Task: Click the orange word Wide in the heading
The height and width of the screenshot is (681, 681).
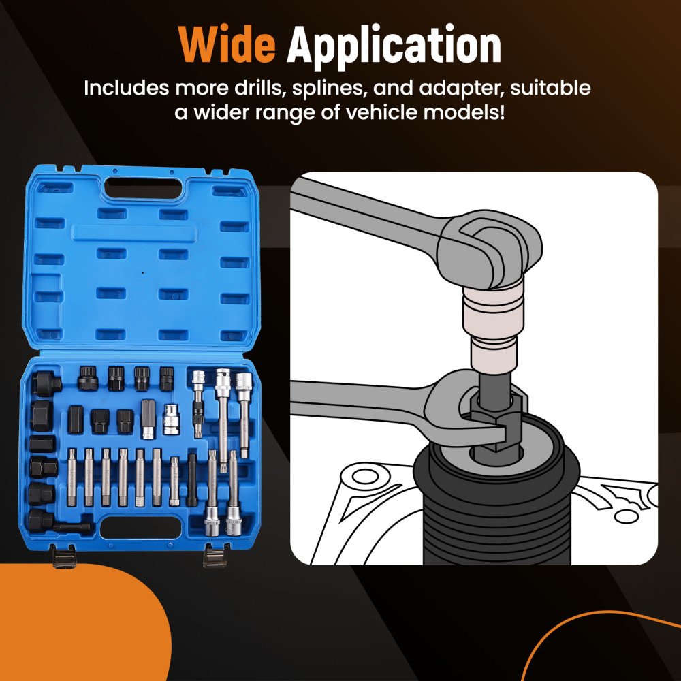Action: click(227, 45)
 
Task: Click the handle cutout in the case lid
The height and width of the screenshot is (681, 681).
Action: click(143, 189)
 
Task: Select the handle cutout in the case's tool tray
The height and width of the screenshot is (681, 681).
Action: click(140, 527)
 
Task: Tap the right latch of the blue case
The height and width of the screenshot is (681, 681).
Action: click(215, 557)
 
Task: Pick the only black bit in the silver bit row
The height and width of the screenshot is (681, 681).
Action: click(192, 480)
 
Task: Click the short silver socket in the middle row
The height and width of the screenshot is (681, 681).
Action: click(171, 419)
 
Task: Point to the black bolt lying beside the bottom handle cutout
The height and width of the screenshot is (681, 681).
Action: click(72, 527)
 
